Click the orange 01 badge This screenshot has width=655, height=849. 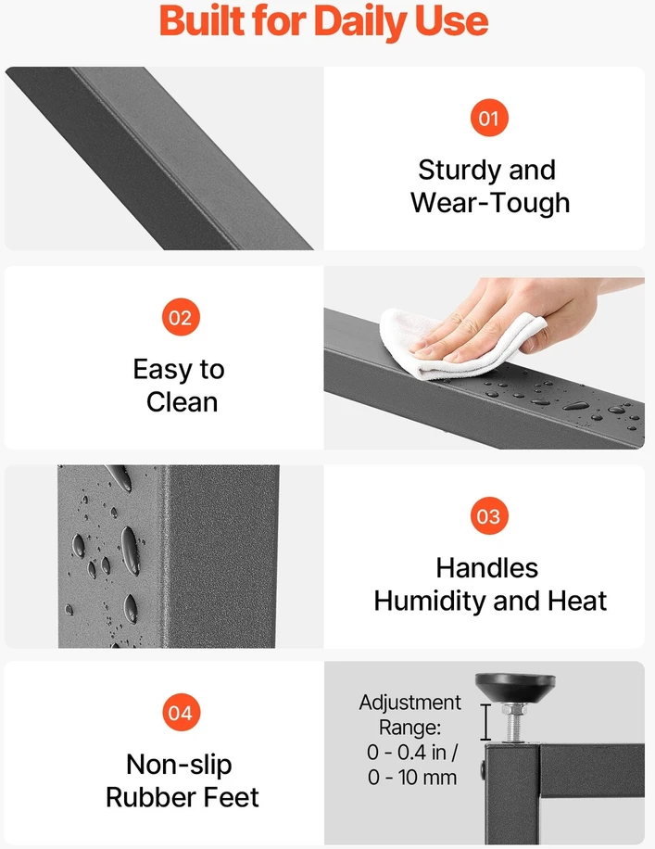click(489, 118)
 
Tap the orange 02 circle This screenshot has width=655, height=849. click(181, 317)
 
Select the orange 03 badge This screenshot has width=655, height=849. click(489, 516)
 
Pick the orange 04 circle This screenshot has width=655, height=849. click(181, 713)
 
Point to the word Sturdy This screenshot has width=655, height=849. click(455, 171)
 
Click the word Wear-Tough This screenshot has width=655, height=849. click(490, 202)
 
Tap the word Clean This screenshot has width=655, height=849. click(182, 402)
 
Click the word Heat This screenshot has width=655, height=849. click(577, 601)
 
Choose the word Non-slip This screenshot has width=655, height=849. click(179, 765)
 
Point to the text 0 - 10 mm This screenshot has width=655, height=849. click(412, 778)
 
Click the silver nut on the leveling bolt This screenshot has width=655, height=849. click(515, 710)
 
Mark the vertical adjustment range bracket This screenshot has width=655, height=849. click(485, 722)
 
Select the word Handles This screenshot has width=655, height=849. click(487, 568)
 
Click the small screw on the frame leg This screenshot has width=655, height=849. click(483, 769)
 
